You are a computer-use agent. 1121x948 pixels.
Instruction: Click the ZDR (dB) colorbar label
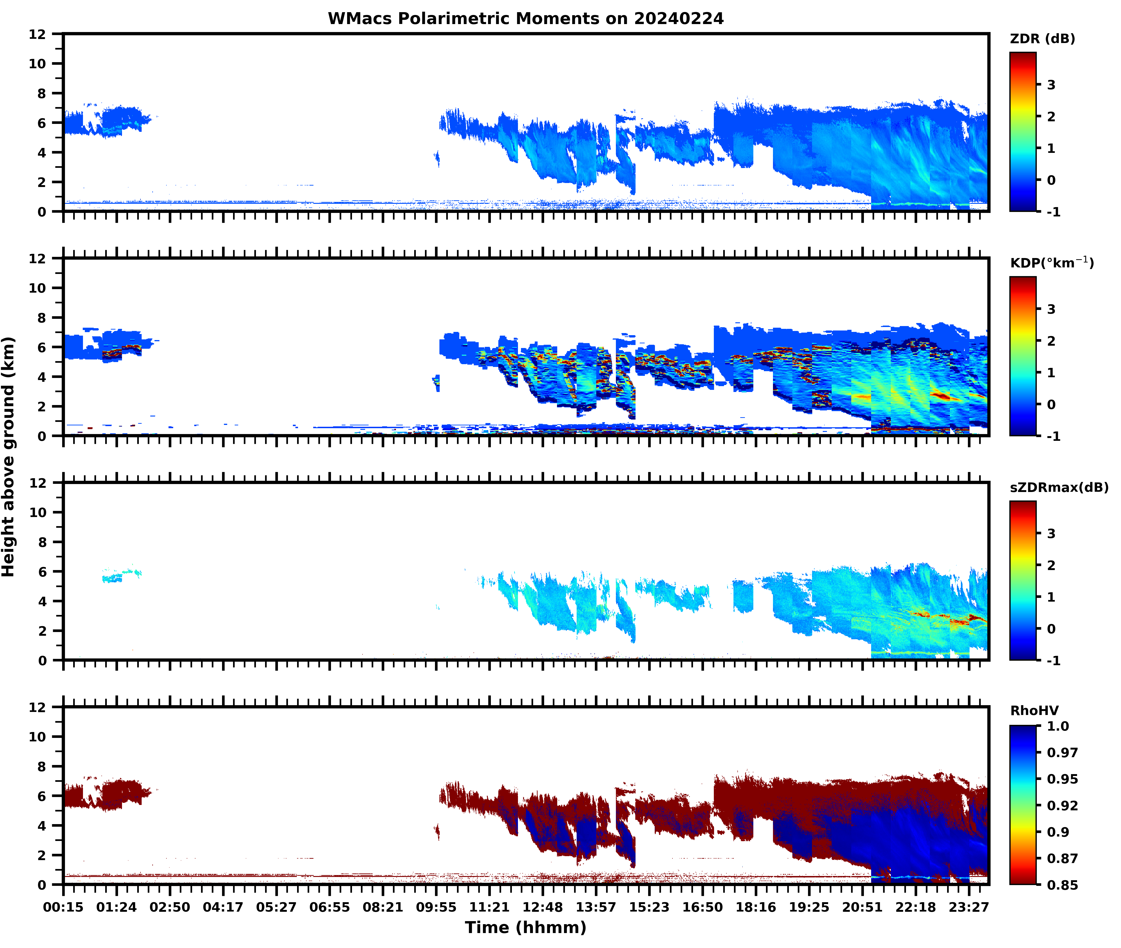(1042, 39)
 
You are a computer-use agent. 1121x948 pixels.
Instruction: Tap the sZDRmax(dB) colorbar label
(1059, 487)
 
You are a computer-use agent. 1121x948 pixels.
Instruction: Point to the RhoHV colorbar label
(1034, 711)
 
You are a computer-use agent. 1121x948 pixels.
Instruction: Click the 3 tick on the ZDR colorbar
(1051, 85)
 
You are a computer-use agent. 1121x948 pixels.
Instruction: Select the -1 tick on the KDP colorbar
(1053, 436)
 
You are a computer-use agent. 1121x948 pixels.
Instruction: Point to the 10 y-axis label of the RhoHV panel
(38, 737)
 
